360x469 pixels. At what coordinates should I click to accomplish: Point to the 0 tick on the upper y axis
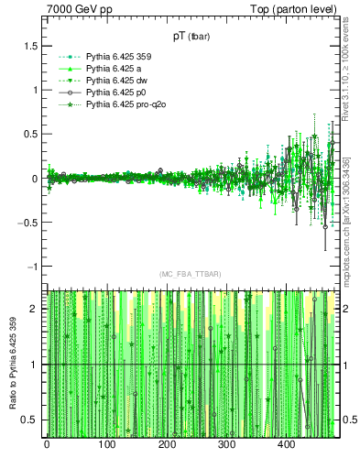point(34,179)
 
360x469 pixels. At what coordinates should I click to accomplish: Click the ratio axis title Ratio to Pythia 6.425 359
point(11,364)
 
